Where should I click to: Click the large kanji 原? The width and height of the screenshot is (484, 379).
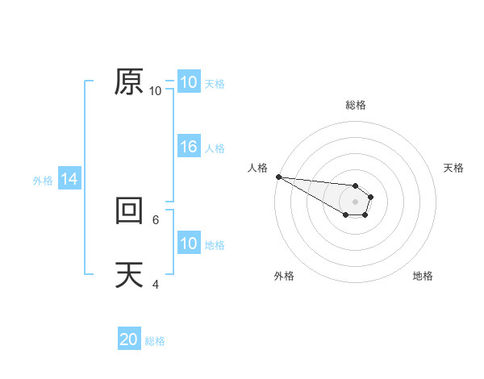(x=128, y=81)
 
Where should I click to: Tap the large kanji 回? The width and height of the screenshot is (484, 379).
(x=128, y=210)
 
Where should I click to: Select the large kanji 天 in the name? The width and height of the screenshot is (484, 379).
(x=128, y=275)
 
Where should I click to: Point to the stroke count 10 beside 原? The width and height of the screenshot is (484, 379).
(x=156, y=91)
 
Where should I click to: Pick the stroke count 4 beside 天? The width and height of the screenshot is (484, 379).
(x=156, y=284)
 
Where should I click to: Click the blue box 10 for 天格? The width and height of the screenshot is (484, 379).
(x=188, y=82)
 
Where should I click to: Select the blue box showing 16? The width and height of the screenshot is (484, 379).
(x=188, y=147)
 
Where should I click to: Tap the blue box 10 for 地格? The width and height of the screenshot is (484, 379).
(x=188, y=244)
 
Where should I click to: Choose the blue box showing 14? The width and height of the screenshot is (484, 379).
(x=69, y=179)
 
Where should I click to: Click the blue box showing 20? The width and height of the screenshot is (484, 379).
(x=128, y=339)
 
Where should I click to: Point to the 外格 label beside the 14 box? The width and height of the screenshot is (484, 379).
(x=43, y=181)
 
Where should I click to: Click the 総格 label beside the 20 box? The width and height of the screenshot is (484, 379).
(x=155, y=341)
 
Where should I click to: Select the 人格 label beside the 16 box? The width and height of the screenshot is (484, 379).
(x=215, y=148)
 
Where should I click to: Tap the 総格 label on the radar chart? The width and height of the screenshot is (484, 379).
(x=355, y=105)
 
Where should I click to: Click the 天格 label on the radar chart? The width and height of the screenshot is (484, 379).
(x=453, y=168)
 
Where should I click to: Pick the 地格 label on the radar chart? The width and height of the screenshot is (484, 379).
(x=423, y=276)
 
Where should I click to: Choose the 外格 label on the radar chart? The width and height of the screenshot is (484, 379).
(x=284, y=276)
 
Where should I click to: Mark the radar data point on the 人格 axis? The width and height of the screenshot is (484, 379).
(x=278, y=177)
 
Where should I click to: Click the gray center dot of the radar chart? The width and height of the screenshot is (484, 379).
(x=355, y=202)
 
